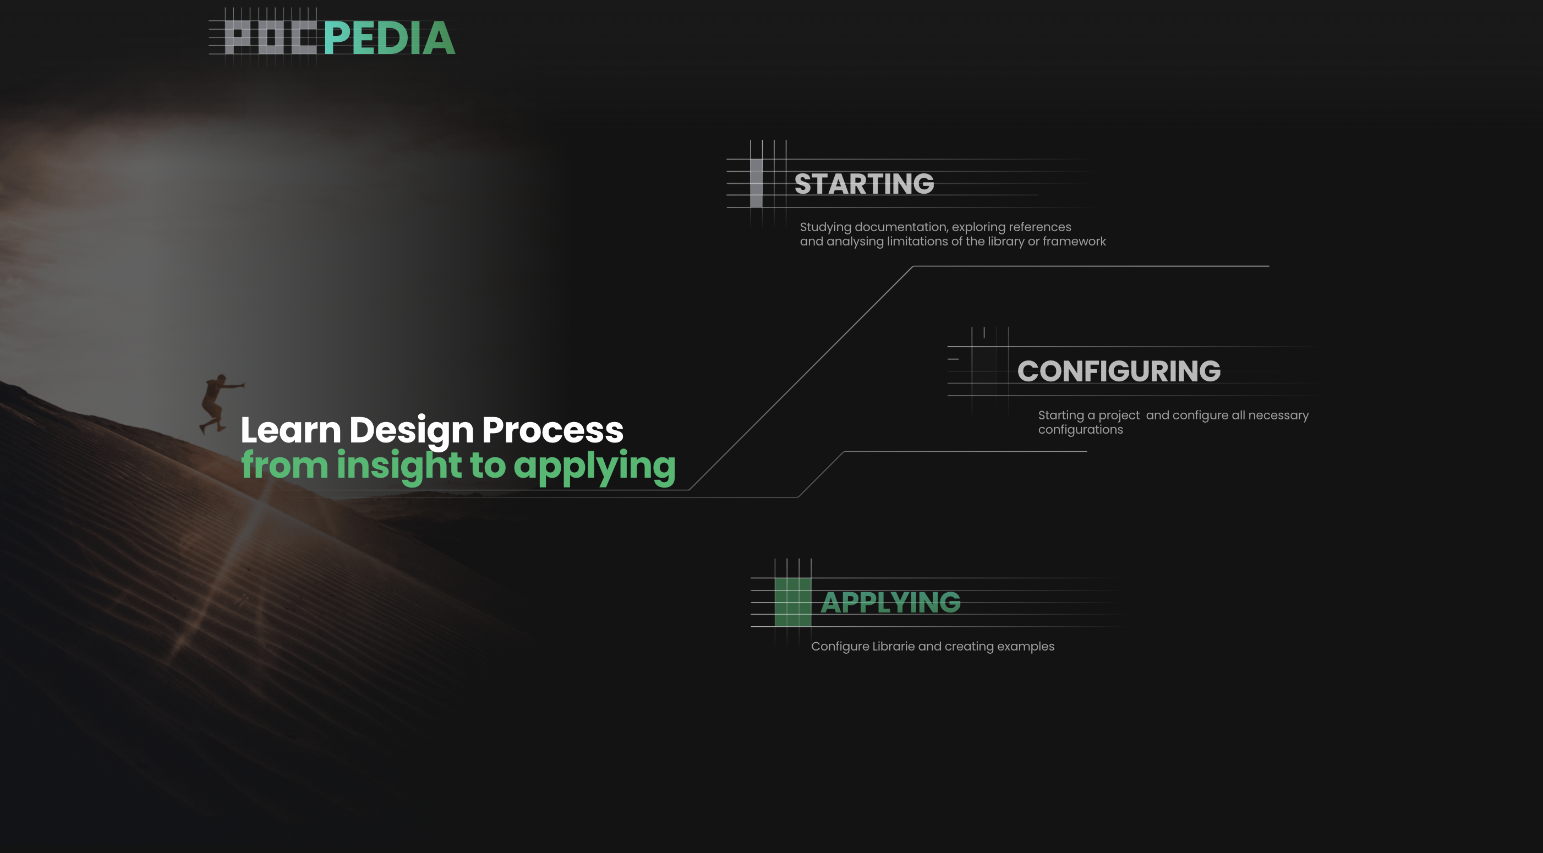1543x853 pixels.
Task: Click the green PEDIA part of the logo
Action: click(390, 39)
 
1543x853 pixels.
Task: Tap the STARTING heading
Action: click(864, 184)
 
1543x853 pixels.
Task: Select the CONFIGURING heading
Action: click(1118, 371)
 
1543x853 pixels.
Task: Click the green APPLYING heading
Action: click(890, 603)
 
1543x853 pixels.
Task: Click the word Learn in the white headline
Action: click(291, 430)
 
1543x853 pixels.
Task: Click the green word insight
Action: click(399, 466)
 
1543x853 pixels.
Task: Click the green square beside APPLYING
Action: click(792, 603)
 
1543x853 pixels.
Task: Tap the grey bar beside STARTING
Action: click(756, 183)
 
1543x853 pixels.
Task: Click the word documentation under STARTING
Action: click(901, 227)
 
